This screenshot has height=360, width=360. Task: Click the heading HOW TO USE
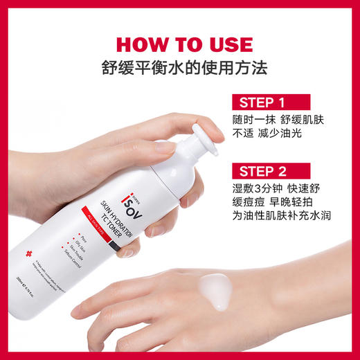point(180,44)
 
